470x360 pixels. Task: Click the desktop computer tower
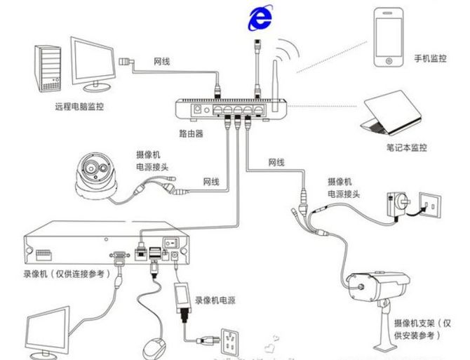click(47, 68)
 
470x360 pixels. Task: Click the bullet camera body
click(379, 281)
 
